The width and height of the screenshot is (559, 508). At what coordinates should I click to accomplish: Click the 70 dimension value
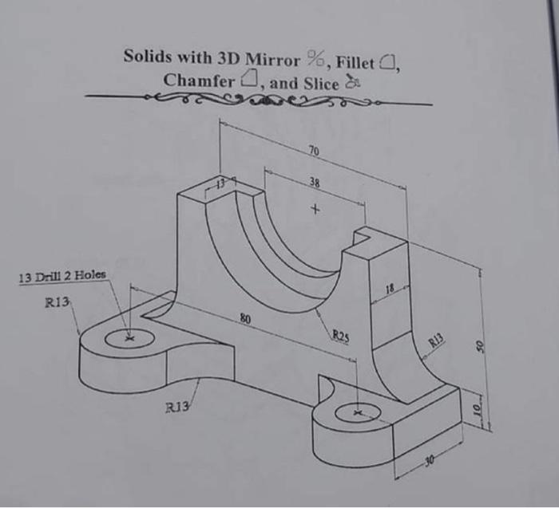pyautogui.click(x=313, y=149)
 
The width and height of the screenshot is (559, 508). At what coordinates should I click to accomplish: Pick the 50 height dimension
pyautogui.click(x=480, y=348)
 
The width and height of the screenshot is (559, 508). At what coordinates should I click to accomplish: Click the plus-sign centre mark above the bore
pyautogui.click(x=315, y=211)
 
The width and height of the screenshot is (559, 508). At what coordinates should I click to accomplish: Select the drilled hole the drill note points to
pyautogui.click(x=128, y=338)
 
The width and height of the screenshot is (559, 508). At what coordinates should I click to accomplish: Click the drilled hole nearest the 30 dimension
pyautogui.click(x=356, y=413)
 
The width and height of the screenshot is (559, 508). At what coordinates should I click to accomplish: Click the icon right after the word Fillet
pyautogui.click(x=391, y=61)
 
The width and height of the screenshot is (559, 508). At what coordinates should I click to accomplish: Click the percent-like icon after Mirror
pyautogui.click(x=315, y=58)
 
